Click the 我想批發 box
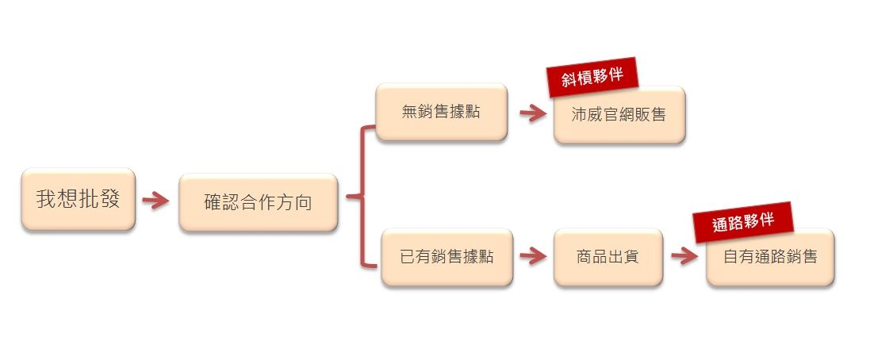tap(78, 199)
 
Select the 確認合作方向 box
tap(259, 202)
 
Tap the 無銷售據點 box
tap(441, 112)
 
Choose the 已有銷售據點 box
tap(447, 257)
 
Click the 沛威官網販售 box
tap(619, 114)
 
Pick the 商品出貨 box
tap(608, 257)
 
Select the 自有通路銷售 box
tap(770, 257)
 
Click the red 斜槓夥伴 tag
tap(592, 79)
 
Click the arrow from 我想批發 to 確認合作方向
tap(156, 200)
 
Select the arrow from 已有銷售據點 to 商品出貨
tap(533, 256)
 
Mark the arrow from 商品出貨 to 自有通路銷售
tap(684, 256)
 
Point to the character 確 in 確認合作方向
tap(213, 202)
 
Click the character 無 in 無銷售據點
tap(410, 112)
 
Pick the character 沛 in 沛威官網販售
tap(580, 114)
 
